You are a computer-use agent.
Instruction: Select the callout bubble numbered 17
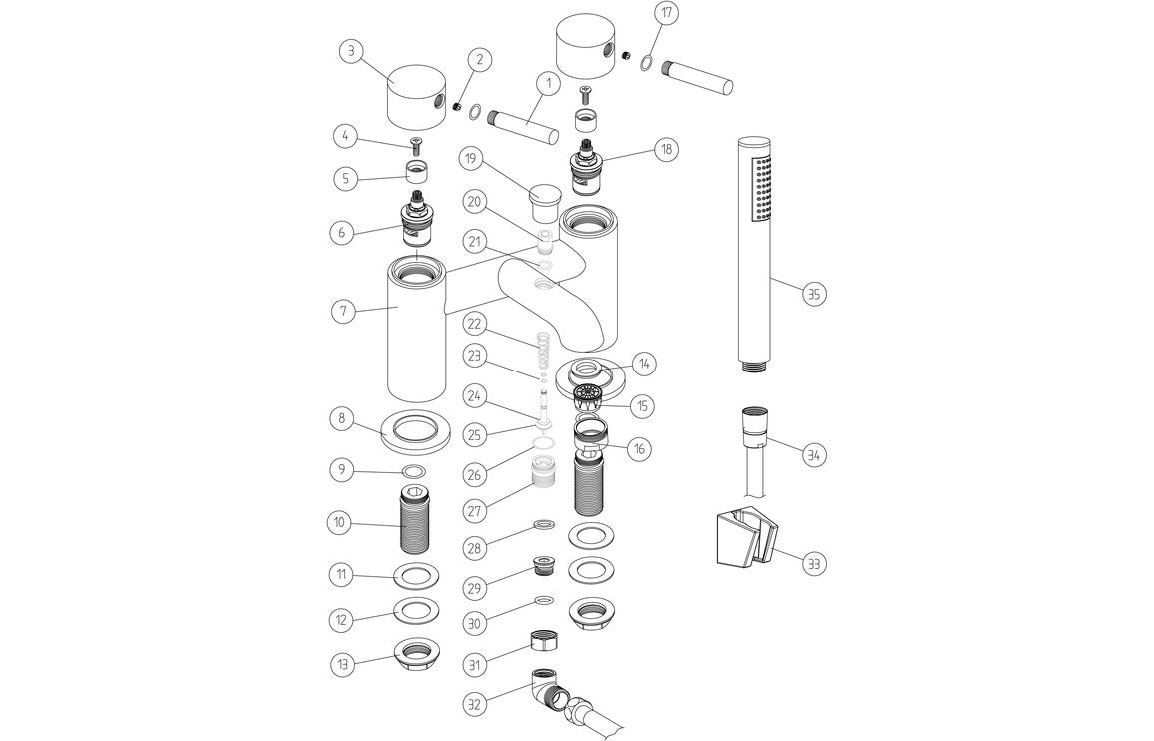[x=667, y=15]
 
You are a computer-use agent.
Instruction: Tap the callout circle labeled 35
[x=815, y=294]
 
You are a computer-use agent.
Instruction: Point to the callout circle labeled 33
[x=815, y=563]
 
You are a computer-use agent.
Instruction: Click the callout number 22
[x=475, y=324]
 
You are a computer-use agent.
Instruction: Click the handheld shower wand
[x=754, y=250]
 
